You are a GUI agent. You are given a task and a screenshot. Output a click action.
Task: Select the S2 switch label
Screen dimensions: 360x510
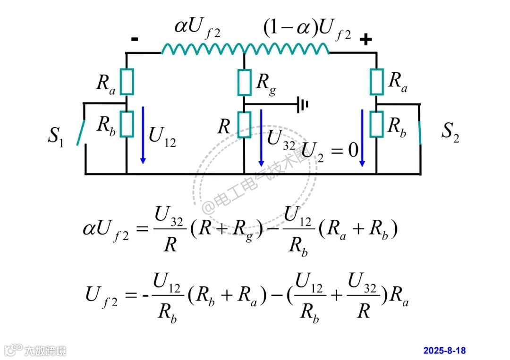click(x=450, y=132)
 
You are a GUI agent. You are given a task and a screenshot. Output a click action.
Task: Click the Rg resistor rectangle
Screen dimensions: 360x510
click(x=244, y=82)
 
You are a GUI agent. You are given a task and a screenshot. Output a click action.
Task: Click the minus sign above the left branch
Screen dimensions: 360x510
click(x=135, y=40)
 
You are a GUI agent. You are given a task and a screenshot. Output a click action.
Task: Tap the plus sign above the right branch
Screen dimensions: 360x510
click(x=365, y=40)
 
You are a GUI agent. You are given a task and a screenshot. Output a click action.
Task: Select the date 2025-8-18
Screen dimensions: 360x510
click(x=444, y=351)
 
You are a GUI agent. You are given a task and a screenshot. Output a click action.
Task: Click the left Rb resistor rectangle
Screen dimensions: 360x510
click(x=127, y=124)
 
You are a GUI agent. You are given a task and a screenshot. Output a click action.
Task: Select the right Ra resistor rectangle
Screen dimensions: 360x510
click(x=376, y=82)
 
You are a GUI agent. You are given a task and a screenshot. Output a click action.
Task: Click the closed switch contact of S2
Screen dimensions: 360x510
click(x=419, y=132)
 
